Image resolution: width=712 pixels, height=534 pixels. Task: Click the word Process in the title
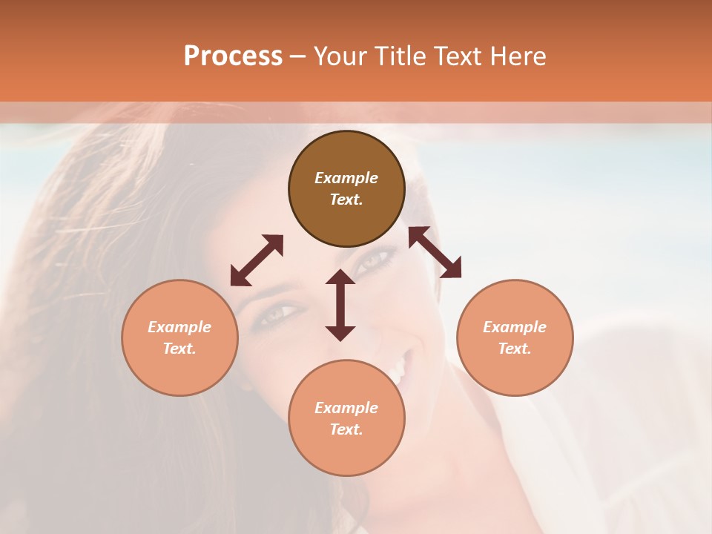(233, 56)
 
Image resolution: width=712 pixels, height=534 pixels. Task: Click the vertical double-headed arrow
(340, 305)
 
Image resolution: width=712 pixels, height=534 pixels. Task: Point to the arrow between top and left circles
(257, 260)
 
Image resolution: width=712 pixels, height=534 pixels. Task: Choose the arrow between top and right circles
(435, 252)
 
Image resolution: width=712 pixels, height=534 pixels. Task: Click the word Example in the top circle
(346, 178)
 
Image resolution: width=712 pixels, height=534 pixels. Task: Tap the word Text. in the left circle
(179, 349)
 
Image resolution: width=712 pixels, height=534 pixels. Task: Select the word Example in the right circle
(515, 327)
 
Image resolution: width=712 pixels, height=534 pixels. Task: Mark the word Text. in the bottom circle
(346, 429)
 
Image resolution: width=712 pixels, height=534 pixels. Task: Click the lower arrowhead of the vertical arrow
(340, 333)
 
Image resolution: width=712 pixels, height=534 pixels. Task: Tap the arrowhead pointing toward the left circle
(238, 278)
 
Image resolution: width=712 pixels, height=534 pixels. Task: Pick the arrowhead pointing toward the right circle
(452, 270)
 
